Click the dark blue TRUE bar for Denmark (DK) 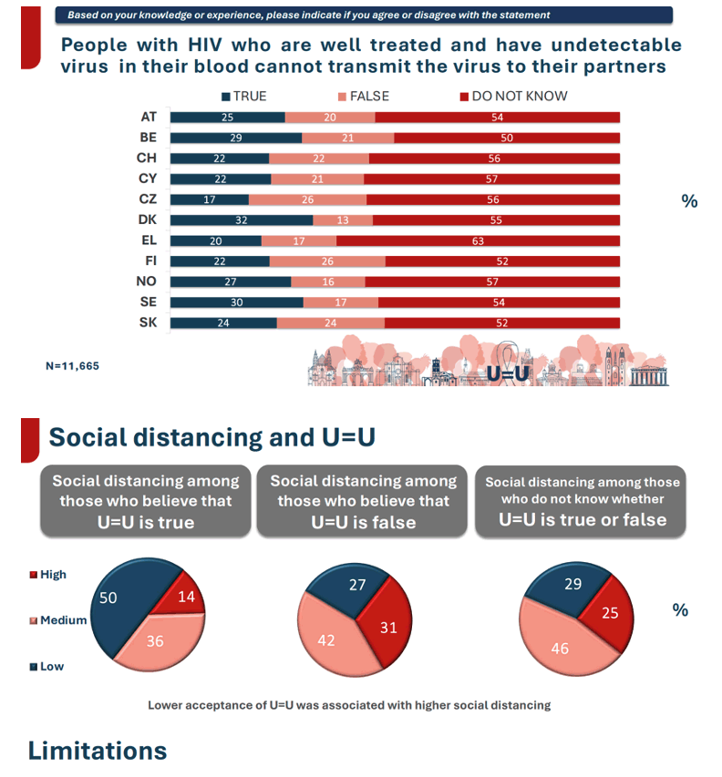(x=242, y=220)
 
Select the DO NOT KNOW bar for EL (x=478, y=240)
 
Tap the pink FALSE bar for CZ (x=307, y=199)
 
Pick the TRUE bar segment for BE (x=236, y=138)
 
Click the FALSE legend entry (x=364, y=97)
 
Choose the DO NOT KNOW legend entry (x=514, y=97)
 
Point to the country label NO (x=146, y=281)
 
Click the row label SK (x=148, y=322)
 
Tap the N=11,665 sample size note (x=72, y=366)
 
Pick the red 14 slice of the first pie (x=182, y=596)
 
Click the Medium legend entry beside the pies (x=58, y=620)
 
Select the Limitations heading (x=98, y=751)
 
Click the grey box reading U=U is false (x=362, y=501)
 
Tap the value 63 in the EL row (x=478, y=241)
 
